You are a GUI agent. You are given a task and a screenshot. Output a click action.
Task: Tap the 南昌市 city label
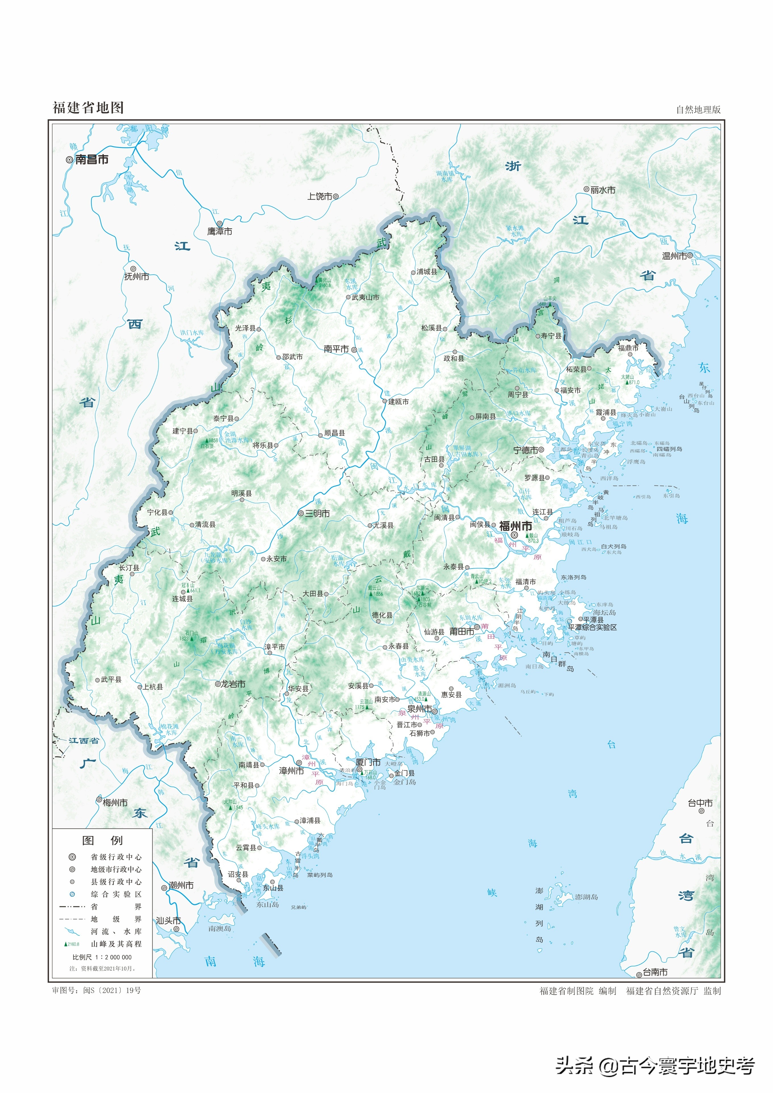(92, 160)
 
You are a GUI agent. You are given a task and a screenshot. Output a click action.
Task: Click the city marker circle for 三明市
(301, 513)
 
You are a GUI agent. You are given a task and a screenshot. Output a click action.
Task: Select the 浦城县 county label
(427, 271)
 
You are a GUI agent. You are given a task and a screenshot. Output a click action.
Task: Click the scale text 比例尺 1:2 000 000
(102, 957)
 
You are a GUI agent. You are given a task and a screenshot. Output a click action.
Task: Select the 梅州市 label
(115, 802)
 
